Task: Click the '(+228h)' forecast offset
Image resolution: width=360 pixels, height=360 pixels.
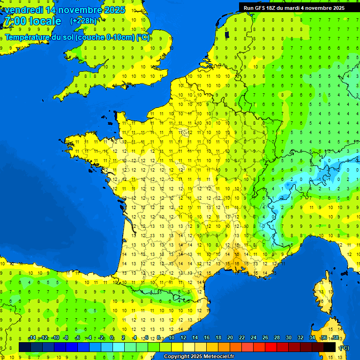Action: [x=83, y=21]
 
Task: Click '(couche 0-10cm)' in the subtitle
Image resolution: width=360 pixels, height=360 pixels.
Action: [x=105, y=37]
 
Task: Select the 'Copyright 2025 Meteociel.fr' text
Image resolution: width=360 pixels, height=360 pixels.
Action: [x=199, y=357]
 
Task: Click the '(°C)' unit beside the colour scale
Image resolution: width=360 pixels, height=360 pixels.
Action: [x=344, y=347]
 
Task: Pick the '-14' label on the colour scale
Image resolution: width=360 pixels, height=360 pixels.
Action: [x=32, y=338]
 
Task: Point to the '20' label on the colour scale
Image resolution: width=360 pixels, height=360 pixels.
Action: [x=230, y=338]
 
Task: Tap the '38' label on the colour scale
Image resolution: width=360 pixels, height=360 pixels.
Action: [x=336, y=338]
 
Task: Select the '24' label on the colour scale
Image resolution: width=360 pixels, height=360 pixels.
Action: [x=254, y=338]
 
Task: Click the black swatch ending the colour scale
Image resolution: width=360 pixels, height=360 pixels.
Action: [x=330, y=347]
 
